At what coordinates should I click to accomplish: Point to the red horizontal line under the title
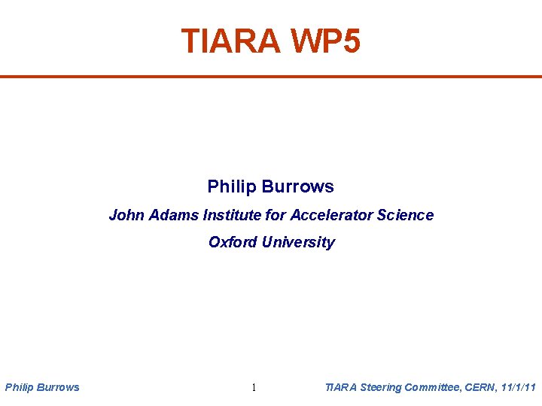tap(271, 76)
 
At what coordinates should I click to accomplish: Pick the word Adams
tap(170, 215)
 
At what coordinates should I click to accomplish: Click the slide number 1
tap(254, 388)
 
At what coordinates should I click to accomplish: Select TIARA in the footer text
tap(340, 387)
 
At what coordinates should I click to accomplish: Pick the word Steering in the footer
tap(380, 387)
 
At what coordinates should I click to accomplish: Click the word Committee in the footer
tap(433, 387)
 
